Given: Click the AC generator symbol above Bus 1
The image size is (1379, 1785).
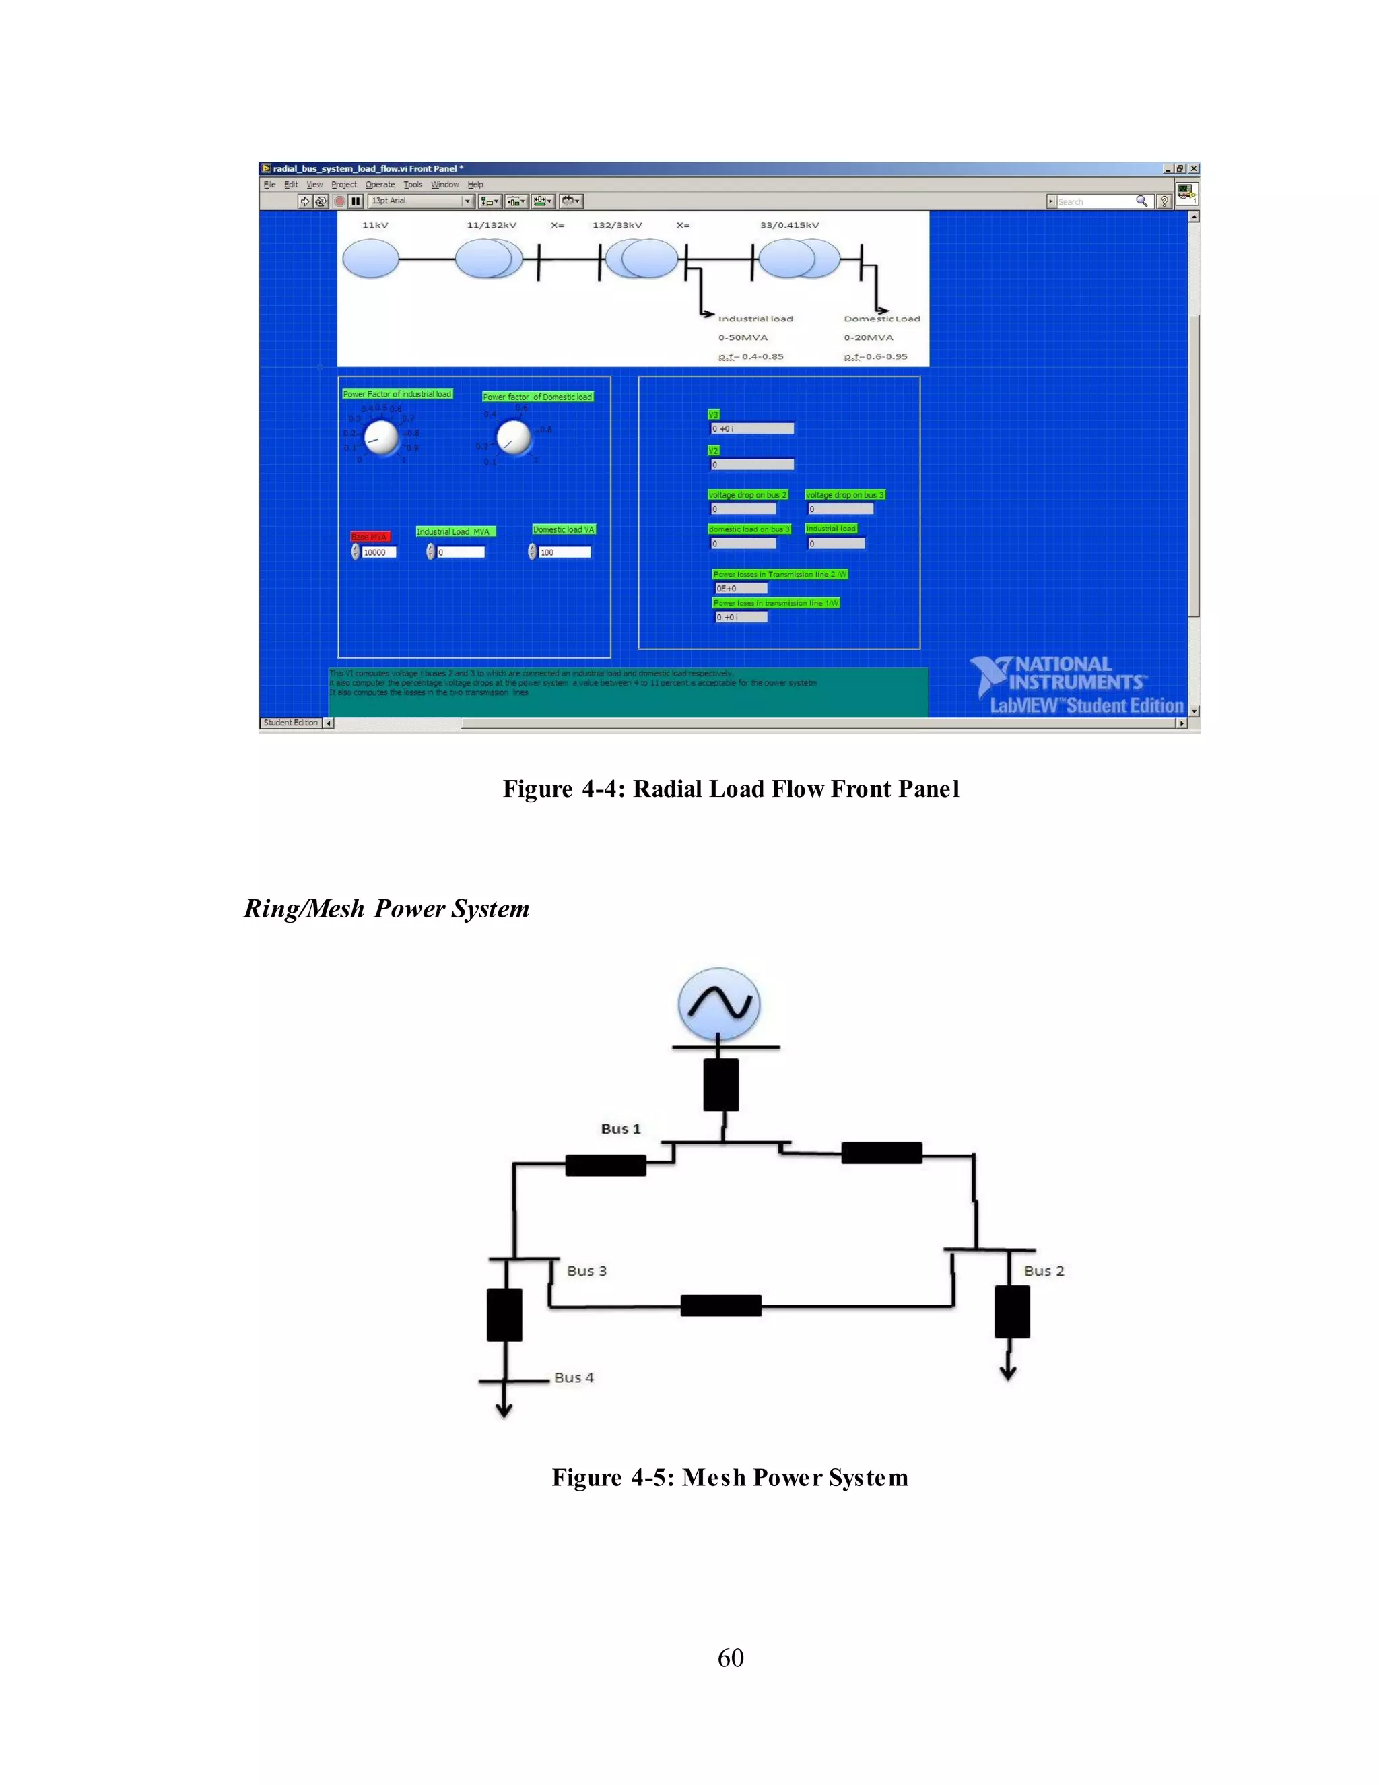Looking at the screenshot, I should (x=719, y=1004).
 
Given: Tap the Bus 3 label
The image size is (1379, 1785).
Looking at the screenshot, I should (x=586, y=1271).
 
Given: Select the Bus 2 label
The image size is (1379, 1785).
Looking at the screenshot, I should (x=1043, y=1271).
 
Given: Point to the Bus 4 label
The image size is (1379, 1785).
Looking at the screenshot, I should (x=574, y=1377).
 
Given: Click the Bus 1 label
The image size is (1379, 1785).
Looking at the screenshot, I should (x=620, y=1129).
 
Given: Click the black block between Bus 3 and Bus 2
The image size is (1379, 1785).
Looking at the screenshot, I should (x=720, y=1305).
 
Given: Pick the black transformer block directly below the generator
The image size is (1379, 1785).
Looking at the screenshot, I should (x=720, y=1084).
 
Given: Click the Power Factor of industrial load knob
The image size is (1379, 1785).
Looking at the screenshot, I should (x=380, y=438).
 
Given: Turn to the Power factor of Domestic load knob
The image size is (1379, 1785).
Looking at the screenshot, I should (x=514, y=438).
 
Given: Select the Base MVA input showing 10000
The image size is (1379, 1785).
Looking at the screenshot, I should (x=379, y=552).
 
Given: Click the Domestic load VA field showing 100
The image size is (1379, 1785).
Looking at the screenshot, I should (x=564, y=552).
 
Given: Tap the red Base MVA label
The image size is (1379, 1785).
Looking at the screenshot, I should (x=370, y=536).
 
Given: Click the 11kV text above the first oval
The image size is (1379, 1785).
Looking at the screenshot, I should (x=375, y=225).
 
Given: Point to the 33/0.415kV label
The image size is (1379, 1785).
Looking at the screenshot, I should (x=789, y=225).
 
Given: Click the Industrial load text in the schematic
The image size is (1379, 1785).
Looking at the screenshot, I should (x=755, y=319).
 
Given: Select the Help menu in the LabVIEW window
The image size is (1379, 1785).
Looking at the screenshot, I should (x=475, y=185).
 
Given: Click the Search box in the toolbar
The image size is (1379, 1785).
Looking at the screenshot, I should (x=1095, y=201).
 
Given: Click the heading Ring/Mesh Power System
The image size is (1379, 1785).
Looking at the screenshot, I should (x=386, y=909).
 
